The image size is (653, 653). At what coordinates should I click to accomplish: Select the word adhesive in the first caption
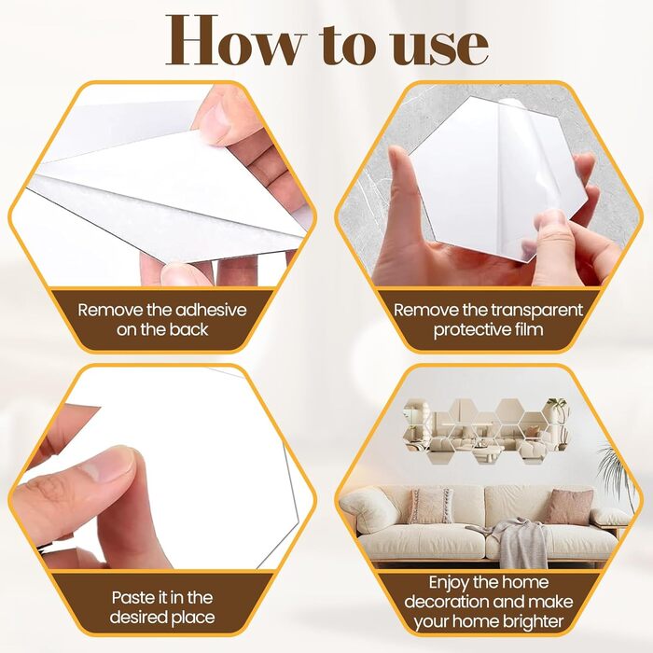(x=211, y=311)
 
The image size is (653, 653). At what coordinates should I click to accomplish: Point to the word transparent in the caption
(x=536, y=311)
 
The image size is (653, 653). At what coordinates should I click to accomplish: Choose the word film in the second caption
(x=529, y=329)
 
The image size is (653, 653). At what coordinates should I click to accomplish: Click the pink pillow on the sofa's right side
(x=568, y=507)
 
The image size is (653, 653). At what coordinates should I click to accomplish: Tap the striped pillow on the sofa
(x=430, y=506)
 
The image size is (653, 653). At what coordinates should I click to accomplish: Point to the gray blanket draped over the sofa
(x=513, y=541)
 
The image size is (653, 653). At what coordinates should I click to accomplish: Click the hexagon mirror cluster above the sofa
(x=486, y=432)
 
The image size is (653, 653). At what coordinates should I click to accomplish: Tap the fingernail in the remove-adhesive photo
(x=217, y=119)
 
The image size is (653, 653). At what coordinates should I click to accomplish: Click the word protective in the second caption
(x=472, y=330)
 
